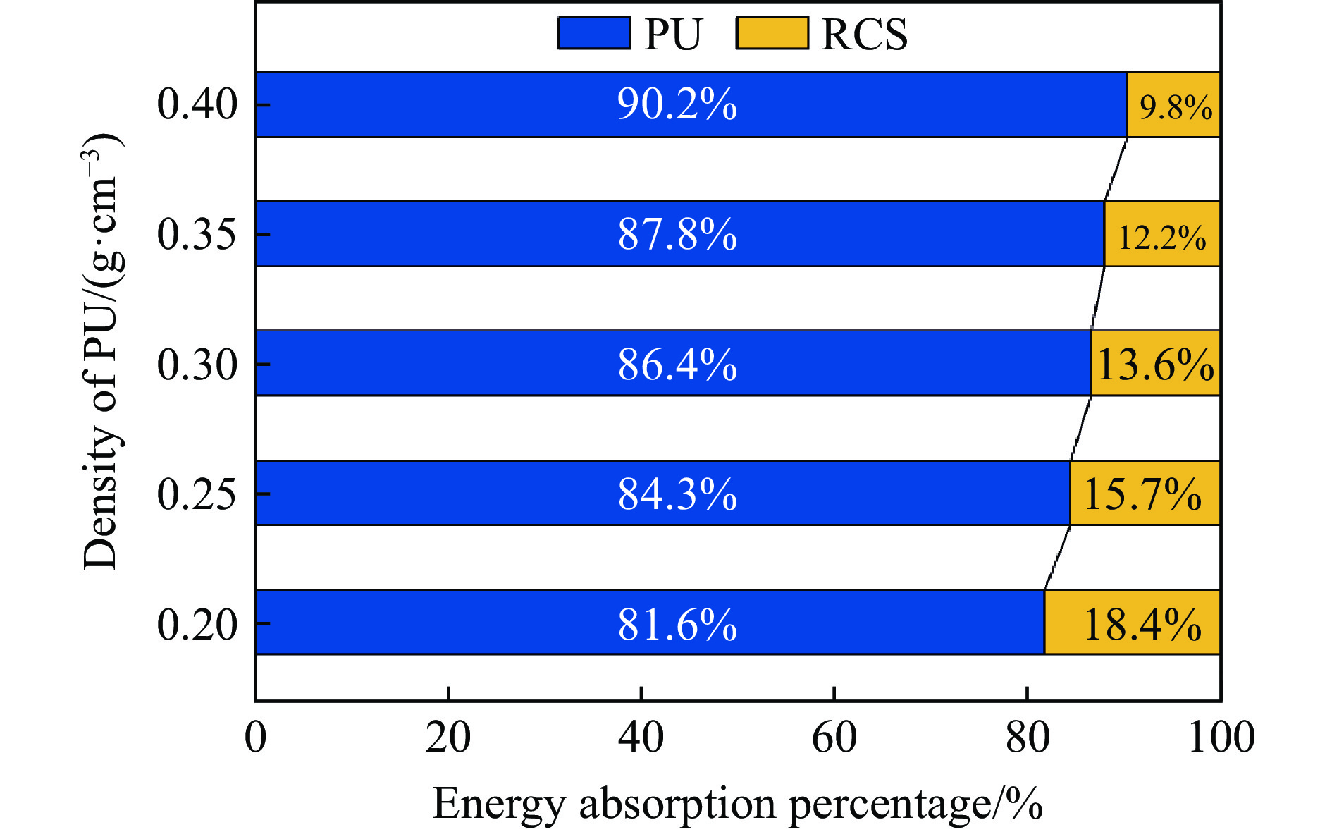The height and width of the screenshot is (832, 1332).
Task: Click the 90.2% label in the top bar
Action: [677, 104]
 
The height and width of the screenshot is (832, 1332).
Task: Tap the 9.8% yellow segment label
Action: [1176, 107]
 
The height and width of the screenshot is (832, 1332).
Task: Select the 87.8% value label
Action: [677, 234]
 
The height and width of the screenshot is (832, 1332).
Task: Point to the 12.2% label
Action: [1162, 237]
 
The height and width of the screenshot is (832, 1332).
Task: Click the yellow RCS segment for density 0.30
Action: [1156, 364]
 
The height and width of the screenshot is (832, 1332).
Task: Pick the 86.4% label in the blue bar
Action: [677, 365]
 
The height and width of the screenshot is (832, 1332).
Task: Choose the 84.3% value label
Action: [677, 494]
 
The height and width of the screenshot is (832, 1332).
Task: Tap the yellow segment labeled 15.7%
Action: [1142, 494]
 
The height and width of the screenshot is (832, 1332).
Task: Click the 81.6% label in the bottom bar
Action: [677, 624]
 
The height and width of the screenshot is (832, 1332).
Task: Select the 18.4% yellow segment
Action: [1142, 624]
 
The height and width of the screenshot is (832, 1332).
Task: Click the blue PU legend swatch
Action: [594, 33]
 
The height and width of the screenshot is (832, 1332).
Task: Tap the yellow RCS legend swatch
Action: [772, 33]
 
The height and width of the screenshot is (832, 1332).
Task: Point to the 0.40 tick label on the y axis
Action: [197, 104]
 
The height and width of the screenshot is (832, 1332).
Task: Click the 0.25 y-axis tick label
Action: [197, 494]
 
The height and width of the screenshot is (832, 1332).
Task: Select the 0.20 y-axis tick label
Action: [197, 624]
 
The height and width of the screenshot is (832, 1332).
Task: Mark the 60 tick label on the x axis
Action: [834, 738]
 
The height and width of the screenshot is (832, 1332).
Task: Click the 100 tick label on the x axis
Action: [1221, 738]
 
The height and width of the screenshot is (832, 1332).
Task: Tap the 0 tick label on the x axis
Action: [256, 738]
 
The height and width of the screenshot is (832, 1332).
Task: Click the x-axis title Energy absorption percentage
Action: [737, 803]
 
